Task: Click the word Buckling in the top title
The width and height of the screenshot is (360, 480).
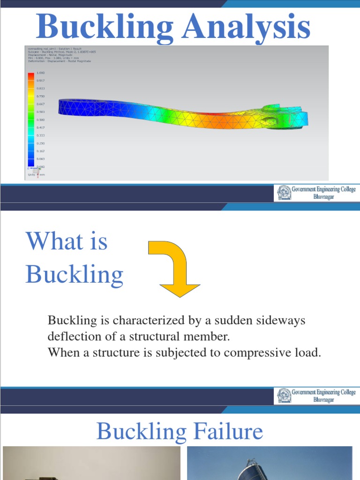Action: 105,27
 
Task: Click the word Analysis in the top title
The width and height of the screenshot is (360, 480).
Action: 246,27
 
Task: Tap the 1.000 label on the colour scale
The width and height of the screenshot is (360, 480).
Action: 40,73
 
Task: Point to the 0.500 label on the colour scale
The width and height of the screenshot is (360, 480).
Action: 40,120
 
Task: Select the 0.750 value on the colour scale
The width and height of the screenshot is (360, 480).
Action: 40,96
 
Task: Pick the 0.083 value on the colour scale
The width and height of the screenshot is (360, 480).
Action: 40,159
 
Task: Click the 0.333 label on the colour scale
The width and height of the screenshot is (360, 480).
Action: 40,135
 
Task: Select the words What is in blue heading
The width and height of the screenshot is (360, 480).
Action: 67,242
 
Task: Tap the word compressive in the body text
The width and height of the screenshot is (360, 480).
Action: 251,353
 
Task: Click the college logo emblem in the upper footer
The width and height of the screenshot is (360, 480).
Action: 284,193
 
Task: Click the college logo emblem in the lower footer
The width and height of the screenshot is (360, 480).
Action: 284,396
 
